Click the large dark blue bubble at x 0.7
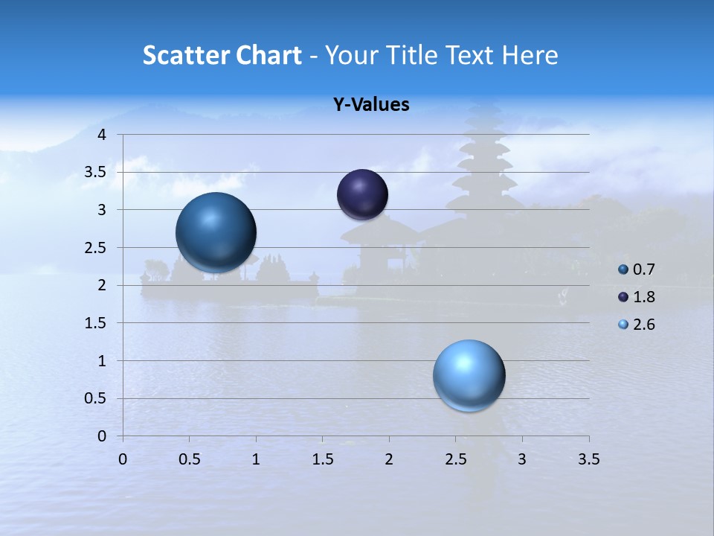tap(216, 232)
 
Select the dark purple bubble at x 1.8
tap(362, 194)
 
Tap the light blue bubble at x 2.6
tap(469, 375)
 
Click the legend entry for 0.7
tap(643, 269)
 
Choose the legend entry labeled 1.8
tap(643, 297)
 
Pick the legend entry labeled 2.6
tap(643, 325)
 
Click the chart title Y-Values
tap(370, 105)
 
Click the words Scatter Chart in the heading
tap(222, 55)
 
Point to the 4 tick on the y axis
tap(103, 135)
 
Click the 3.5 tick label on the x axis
tap(588, 459)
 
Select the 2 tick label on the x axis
tap(389, 459)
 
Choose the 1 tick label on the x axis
tap(256, 459)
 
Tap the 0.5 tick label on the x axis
tap(189, 459)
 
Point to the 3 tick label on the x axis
tap(522, 459)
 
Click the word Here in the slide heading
tap(529, 55)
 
